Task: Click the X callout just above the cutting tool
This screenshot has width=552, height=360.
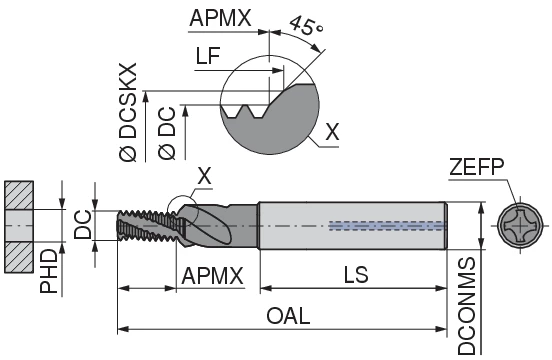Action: (x=204, y=176)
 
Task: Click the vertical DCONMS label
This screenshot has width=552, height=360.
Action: (x=467, y=304)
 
